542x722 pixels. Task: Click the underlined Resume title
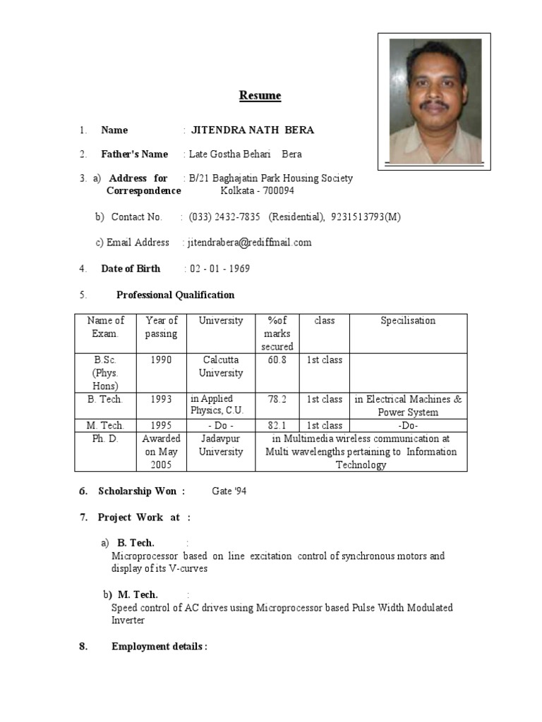pyautogui.click(x=260, y=96)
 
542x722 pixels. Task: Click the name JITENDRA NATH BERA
pyautogui.click(x=253, y=130)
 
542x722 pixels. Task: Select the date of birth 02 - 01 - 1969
pyautogui.click(x=219, y=269)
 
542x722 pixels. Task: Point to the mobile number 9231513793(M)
pyautogui.click(x=365, y=217)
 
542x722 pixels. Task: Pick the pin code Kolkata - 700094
pyautogui.click(x=258, y=191)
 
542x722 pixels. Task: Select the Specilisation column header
pyautogui.click(x=408, y=321)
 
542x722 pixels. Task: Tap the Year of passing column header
pyautogui.click(x=161, y=327)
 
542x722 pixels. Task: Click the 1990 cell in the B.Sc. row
pyautogui.click(x=161, y=360)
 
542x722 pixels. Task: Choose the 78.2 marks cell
pyautogui.click(x=277, y=399)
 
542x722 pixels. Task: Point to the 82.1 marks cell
pyautogui.click(x=277, y=425)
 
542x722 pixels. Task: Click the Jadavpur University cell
pyautogui.click(x=220, y=445)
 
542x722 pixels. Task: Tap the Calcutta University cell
pyautogui.click(x=220, y=367)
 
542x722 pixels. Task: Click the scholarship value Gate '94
pyautogui.click(x=229, y=491)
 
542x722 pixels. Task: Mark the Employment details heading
pyautogui.click(x=159, y=647)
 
